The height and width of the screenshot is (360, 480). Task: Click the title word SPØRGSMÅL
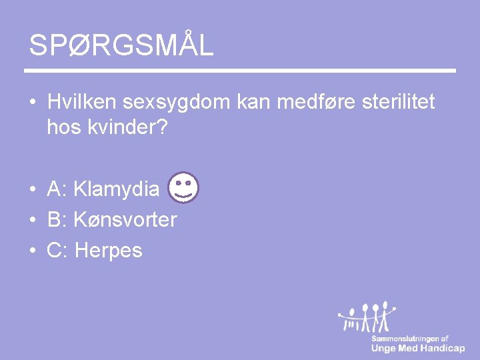pyautogui.click(x=121, y=45)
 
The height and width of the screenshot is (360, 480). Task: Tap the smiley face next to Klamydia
pyautogui.click(x=183, y=187)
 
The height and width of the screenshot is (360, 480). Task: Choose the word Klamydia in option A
pyautogui.click(x=117, y=189)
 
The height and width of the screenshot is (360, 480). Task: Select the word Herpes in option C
pyautogui.click(x=109, y=250)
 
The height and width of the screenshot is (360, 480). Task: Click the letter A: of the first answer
pyautogui.click(x=57, y=189)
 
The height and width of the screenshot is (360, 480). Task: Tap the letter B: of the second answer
pyautogui.click(x=57, y=219)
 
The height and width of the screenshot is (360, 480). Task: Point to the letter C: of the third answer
pyautogui.click(x=58, y=250)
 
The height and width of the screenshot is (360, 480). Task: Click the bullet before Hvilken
pyautogui.click(x=32, y=103)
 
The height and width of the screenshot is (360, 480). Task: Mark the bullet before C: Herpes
pyautogui.click(x=32, y=251)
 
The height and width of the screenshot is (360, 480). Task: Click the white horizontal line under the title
pyautogui.click(x=240, y=71)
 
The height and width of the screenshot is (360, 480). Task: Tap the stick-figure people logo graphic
pyautogui.click(x=367, y=318)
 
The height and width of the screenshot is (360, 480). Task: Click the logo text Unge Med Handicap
pyautogui.click(x=418, y=348)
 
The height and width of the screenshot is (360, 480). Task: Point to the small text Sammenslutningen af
pyautogui.click(x=410, y=339)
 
